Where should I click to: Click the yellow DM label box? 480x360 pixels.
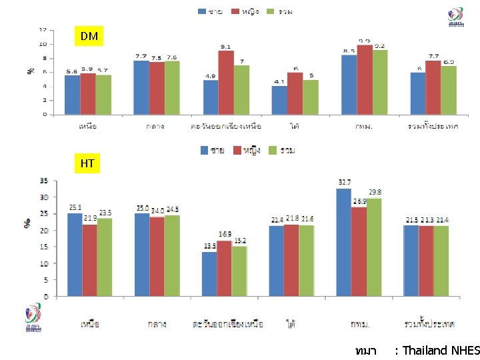[89, 36]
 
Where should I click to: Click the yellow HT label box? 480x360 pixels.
[87, 163]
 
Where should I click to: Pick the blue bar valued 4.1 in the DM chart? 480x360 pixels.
[279, 99]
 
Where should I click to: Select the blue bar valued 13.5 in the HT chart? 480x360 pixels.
[209, 273]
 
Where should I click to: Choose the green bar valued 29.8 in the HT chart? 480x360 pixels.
[374, 247]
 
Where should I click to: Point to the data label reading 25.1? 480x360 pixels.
[74, 207]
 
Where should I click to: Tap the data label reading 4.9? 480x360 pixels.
[211, 75]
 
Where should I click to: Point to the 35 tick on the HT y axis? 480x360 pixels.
[43, 181]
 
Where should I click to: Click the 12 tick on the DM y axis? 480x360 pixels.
[43, 30]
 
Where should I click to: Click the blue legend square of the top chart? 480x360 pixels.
[201, 11]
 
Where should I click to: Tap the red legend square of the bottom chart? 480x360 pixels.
[237, 151]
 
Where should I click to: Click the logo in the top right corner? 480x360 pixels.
[456, 17]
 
